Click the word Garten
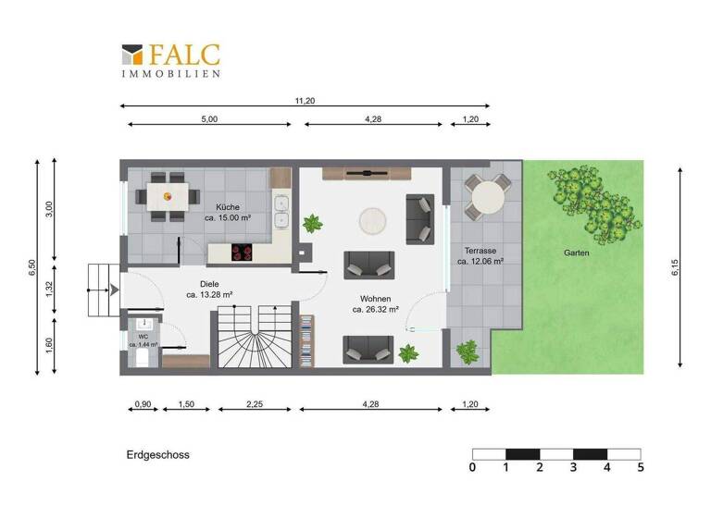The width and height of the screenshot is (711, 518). (x=577, y=253)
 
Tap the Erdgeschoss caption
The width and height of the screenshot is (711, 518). (x=157, y=455)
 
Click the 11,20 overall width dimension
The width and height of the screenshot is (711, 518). (x=305, y=101)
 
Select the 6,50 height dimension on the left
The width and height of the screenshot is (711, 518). (x=31, y=267)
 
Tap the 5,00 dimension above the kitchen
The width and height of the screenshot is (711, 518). (x=209, y=119)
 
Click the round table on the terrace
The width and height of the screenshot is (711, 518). (x=487, y=196)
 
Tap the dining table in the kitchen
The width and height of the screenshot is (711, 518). (x=167, y=196)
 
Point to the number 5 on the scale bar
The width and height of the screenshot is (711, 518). (x=640, y=468)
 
